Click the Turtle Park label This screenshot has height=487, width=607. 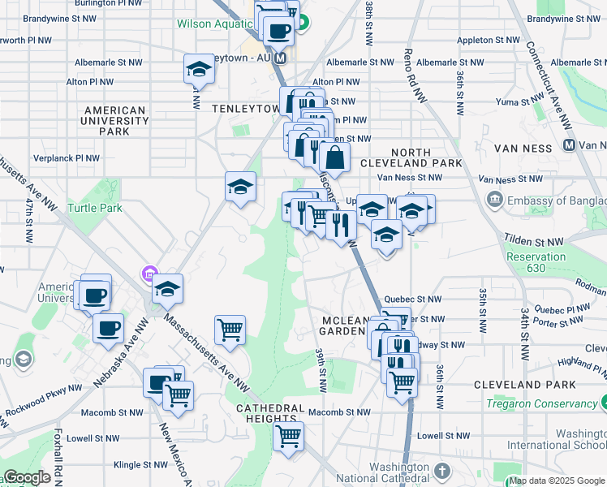tap(95, 209)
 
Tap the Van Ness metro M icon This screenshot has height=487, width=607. tap(569, 144)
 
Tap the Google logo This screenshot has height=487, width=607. tap(27, 478)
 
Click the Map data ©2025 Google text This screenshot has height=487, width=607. tap(557, 481)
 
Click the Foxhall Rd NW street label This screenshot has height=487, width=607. tap(58, 455)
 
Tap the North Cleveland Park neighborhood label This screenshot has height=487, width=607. tap(426, 157)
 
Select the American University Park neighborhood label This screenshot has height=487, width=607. tap(114, 120)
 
